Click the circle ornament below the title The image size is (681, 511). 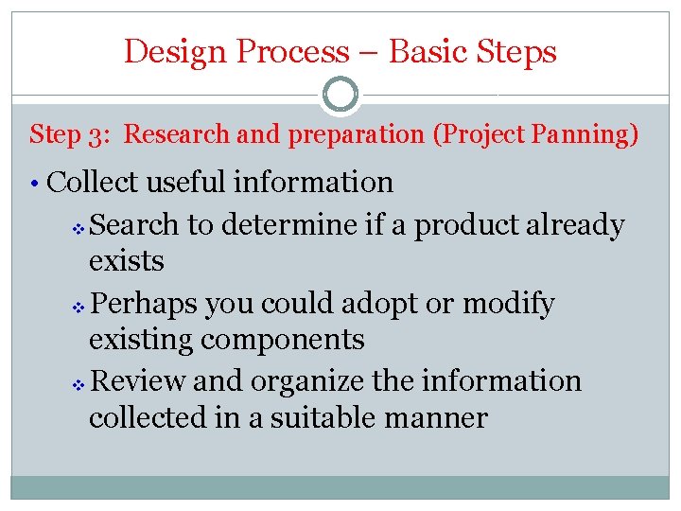point(340,95)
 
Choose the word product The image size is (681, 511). point(467,225)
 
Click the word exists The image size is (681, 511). point(127,260)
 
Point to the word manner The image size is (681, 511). point(441,416)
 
